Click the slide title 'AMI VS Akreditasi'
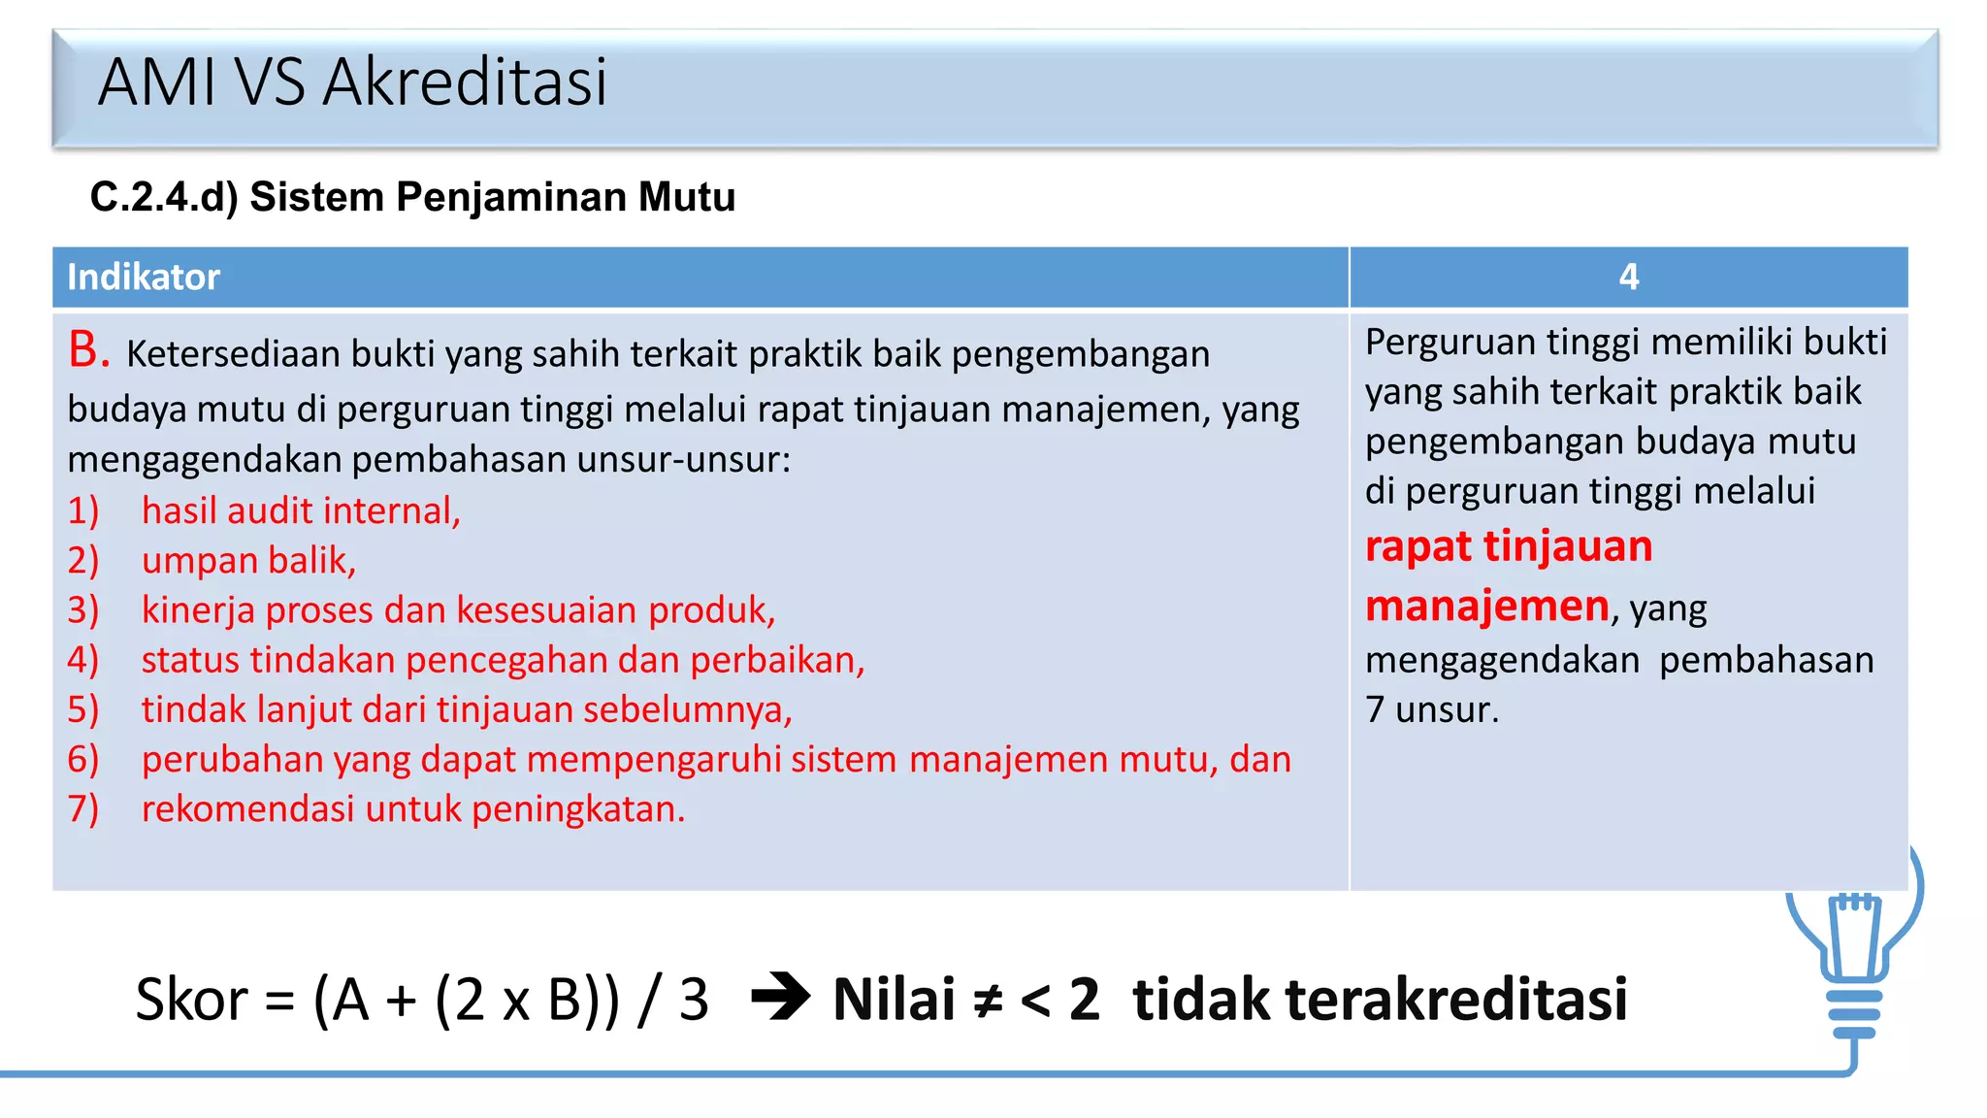[352, 82]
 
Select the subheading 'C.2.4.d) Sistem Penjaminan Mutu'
[412, 197]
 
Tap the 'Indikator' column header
[144, 278]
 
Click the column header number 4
[1628, 278]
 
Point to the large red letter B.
[87, 349]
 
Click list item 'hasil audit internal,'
[301, 510]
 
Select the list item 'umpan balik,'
[248, 561]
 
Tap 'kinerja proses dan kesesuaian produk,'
[458, 610]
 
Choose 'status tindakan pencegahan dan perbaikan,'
[503, 660]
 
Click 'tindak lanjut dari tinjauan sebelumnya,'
[467, 709]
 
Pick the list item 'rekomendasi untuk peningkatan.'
[413, 809]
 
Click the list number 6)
[83, 759]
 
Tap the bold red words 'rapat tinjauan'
[1509, 546]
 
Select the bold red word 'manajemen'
[1487, 607]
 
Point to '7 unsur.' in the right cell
[1432, 709]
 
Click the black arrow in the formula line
[781, 997]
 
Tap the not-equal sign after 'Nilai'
[988, 1000]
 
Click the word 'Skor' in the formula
[191, 1000]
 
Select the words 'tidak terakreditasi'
[1380, 1000]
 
